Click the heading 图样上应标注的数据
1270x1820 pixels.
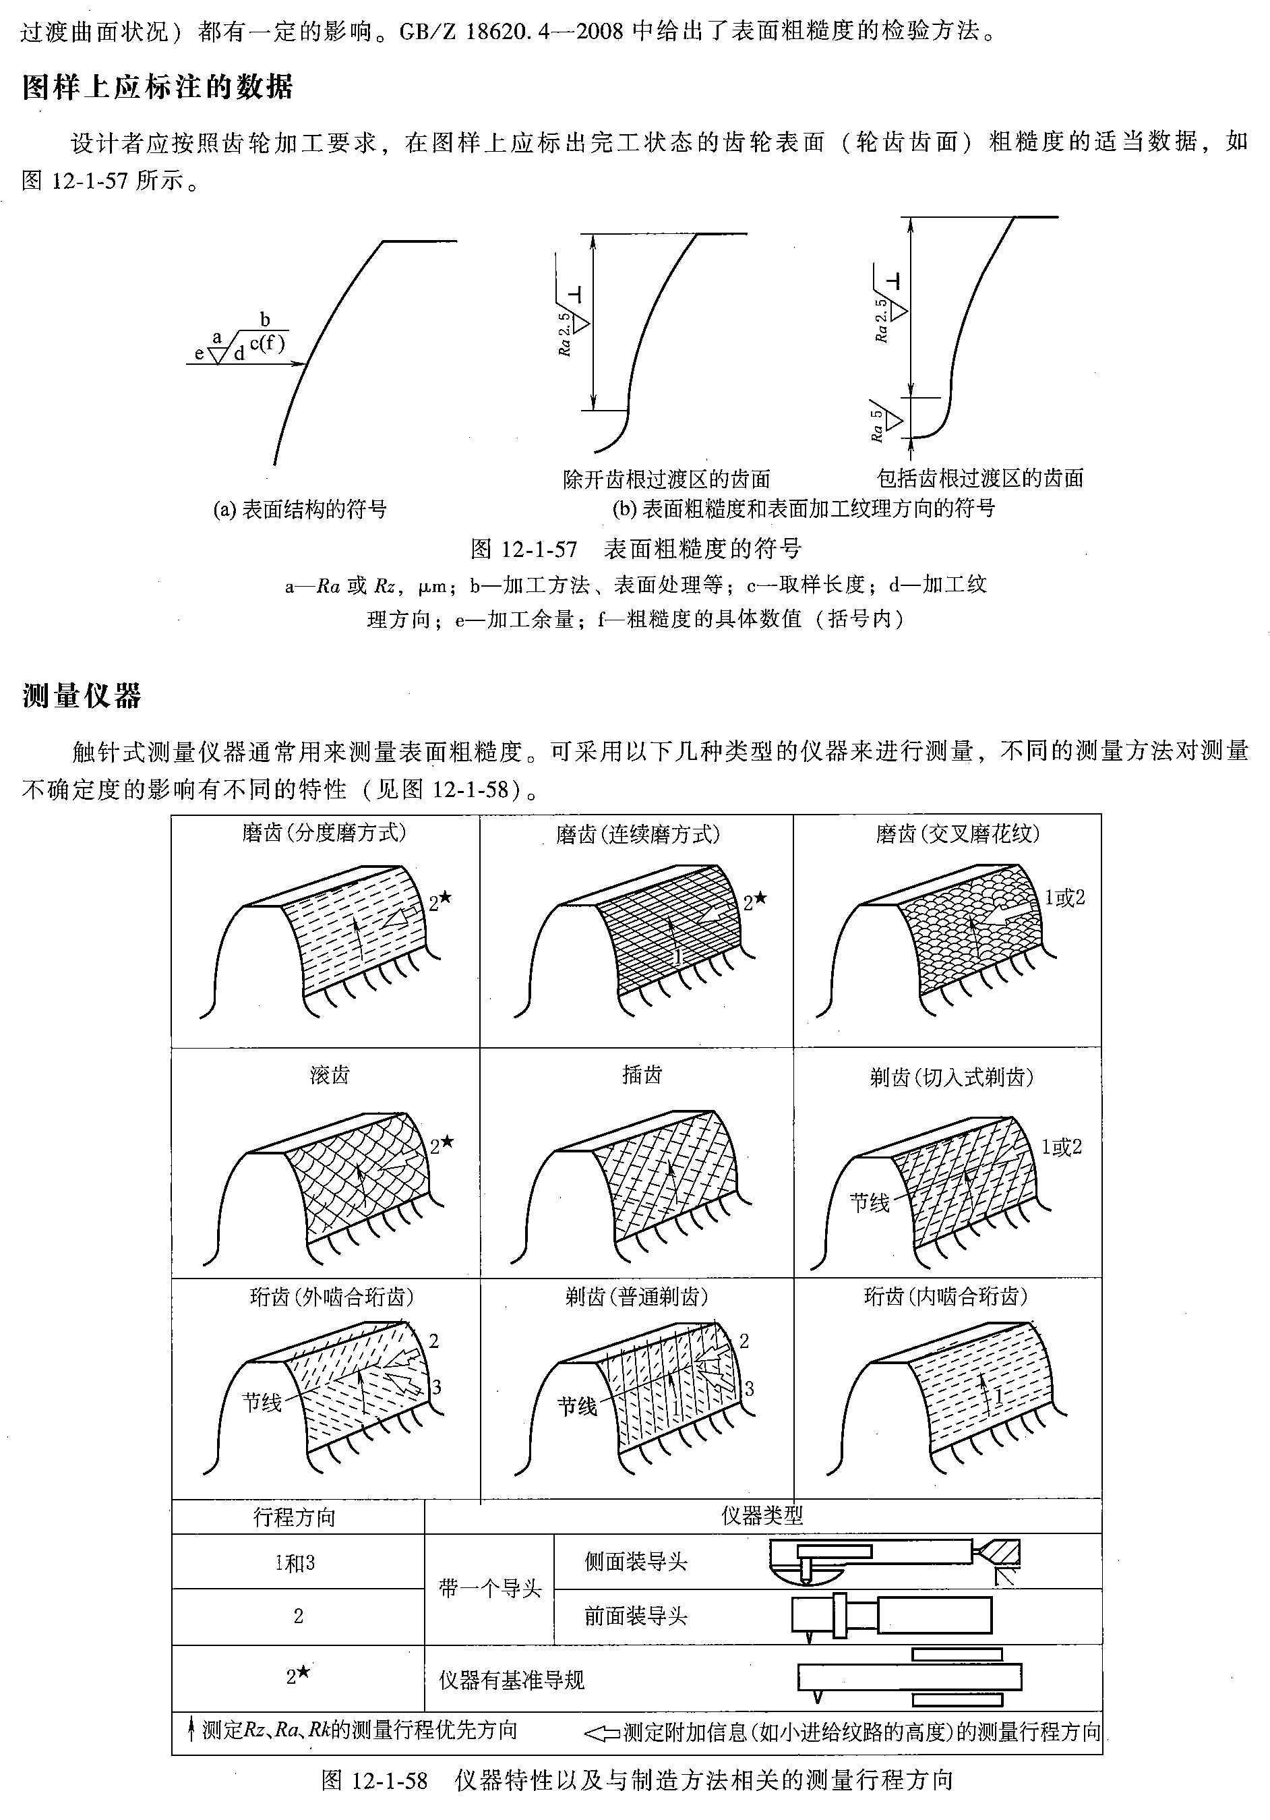click(158, 86)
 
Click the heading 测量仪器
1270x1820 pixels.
click(82, 695)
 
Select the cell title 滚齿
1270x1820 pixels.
click(330, 1075)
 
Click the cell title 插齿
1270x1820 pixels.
click(642, 1075)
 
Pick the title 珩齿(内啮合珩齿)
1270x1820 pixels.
click(945, 1296)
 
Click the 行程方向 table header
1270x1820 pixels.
click(294, 1517)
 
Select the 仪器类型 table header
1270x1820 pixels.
click(762, 1516)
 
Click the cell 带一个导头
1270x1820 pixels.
click(489, 1589)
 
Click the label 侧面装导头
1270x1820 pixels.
click(636, 1562)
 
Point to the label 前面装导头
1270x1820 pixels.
click(636, 1616)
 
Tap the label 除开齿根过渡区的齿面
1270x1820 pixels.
click(666, 479)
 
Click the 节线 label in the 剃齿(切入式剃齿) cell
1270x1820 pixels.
click(869, 1202)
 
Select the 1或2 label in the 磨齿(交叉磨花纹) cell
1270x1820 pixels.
click(1064, 898)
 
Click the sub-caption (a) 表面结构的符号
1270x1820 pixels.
click(299, 509)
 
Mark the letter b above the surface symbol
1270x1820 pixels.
click(265, 320)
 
